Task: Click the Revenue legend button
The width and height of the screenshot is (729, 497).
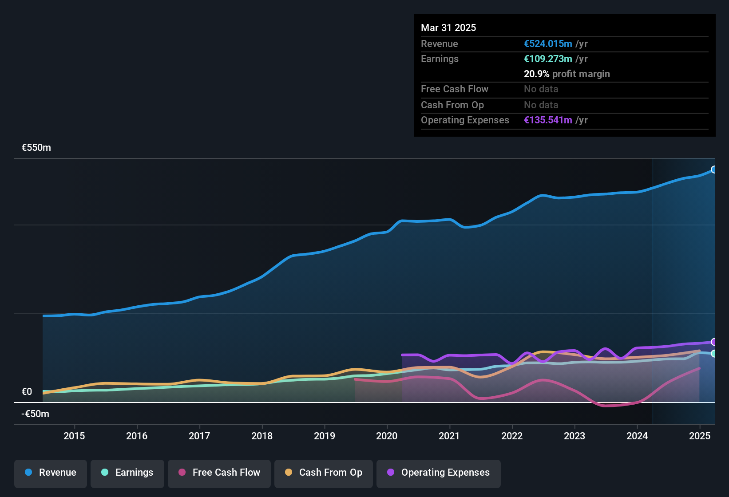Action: [x=51, y=473]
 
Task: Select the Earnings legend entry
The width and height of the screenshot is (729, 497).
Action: [x=127, y=473]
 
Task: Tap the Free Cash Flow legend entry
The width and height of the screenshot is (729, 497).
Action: [x=219, y=473]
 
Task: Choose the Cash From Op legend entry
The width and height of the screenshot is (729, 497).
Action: [x=324, y=473]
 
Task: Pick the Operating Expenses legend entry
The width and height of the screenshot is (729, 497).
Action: [x=439, y=473]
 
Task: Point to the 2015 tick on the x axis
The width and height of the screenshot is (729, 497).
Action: [x=74, y=436]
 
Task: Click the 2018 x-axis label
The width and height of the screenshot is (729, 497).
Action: [x=262, y=436]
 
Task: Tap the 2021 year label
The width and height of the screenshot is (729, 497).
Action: [x=449, y=436]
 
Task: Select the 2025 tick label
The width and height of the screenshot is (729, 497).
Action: [x=700, y=436]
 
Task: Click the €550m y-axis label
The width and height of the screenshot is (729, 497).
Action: [x=36, y=148]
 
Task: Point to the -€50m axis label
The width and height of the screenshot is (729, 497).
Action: [x=36, y=414]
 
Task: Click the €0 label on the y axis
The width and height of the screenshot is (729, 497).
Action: [x=27, y=392]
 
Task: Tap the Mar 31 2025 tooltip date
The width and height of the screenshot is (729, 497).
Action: [x=448, y=28]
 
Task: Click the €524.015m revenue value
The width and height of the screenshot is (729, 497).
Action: [x=548, y=44]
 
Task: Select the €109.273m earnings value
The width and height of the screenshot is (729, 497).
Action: [x=548, y=59]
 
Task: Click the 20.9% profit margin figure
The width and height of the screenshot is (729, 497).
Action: [x=536, y=74]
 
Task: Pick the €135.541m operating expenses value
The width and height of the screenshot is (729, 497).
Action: [x=548, y=120]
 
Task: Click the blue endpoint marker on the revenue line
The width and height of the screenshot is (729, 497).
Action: [x=713, y=170]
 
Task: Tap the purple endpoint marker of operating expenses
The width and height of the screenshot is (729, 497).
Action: [x=713, y=342]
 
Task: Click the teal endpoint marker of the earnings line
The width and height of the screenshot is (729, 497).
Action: [x=713, y=354]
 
